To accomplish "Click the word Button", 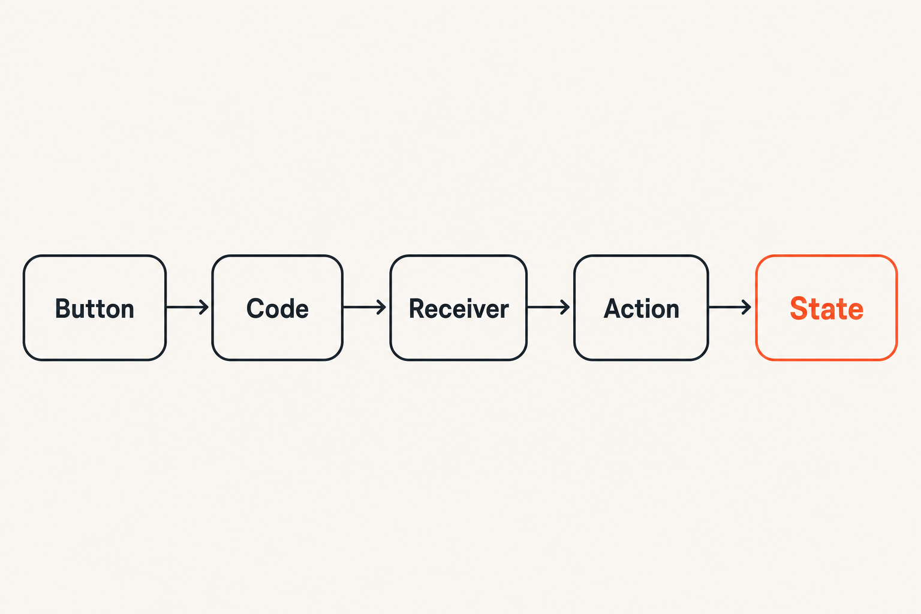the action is pyautogui.click(x=95, y=308).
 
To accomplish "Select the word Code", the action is pyautogui.click(x=278, y=308).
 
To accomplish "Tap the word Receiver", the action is pyautogui.click(x=459, y=308).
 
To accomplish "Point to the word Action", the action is pyautogui.click(x=641, y=308).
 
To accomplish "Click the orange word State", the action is pyautogui.click(x=826, y=308).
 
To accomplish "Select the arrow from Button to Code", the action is pyautogui.click(x=187, y=307).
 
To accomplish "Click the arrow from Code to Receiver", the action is pyautogui.click(x=365, y=307).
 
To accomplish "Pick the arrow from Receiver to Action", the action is pyautogui.click(x=549, y=307).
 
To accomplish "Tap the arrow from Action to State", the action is pyautogui.click(x=730, y=307).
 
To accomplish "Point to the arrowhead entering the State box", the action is pyautogui.click(x=747, y=307).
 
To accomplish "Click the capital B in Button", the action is pyautogui.click(x=63, y=308).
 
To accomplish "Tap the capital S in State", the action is pyautogui.click(x=798, y=308).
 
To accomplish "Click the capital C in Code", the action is pyautogui.click(x=255, y=308).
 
